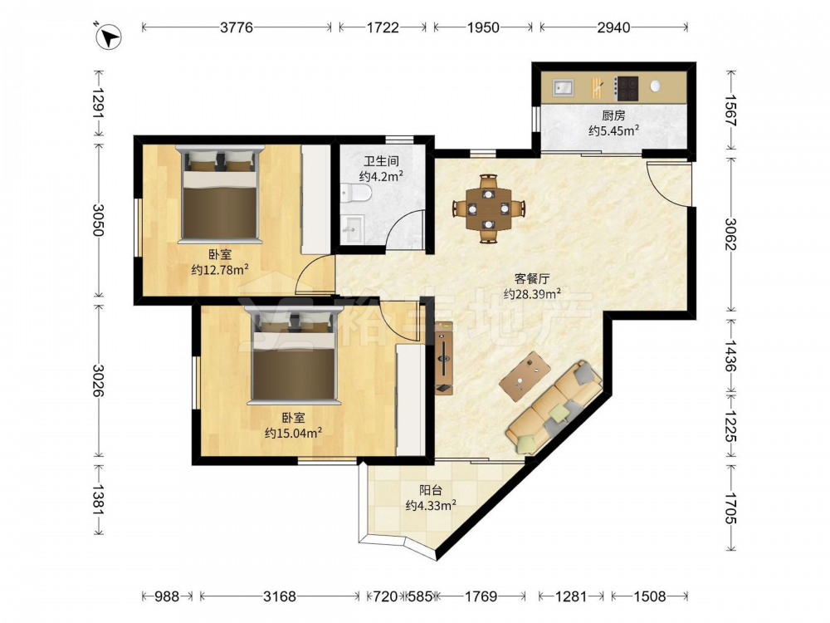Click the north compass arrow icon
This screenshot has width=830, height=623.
click(109, 37)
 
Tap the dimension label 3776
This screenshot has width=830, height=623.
click(237, 27)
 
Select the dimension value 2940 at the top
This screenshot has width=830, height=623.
click(613, 27)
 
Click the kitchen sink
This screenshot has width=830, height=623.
click(564, 87)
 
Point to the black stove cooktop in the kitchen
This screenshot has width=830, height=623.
click(626, 89)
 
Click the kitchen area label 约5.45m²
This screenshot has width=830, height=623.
click(614, 130)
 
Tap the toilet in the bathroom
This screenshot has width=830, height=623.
click(356, 193)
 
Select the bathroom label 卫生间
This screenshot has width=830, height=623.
click(381, 160)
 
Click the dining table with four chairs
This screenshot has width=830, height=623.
click(489, 208)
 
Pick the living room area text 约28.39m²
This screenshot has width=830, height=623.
click(532, 293)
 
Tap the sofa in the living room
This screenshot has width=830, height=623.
click(554, 407)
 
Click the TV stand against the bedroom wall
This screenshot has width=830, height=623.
click(443, 358)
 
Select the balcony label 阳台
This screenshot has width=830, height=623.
click(430, 490)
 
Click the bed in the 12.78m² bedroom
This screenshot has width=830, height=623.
click(220, 194)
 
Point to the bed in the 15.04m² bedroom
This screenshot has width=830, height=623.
click(293, 355)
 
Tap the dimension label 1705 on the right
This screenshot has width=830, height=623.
click(730, 508)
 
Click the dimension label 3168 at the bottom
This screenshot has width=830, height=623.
click(280, 596)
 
